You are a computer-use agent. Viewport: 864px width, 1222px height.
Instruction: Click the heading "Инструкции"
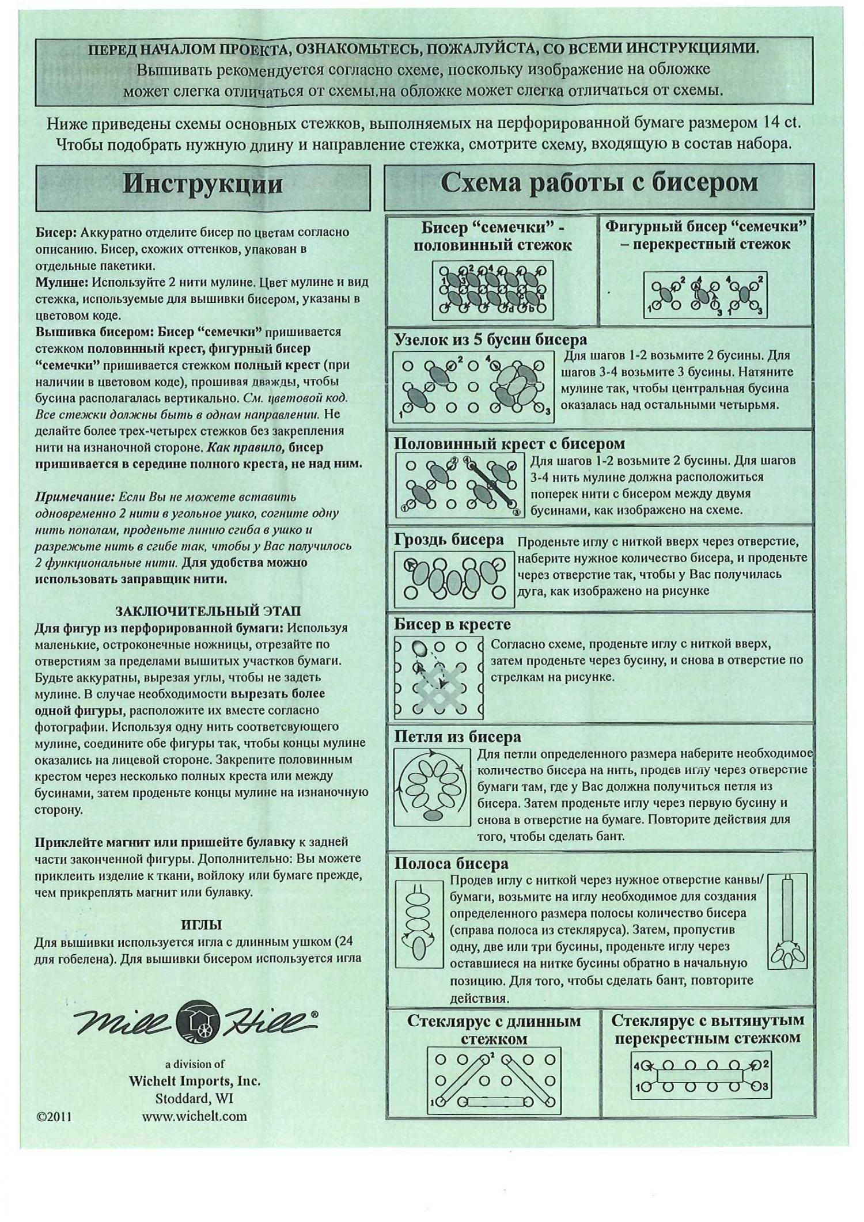(203, 184)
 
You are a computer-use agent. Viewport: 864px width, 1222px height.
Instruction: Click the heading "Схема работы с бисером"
(599, 183)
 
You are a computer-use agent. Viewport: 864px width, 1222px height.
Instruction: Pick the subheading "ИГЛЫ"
(202, 925)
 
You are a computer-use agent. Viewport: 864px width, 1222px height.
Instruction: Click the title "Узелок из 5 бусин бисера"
(490, 340)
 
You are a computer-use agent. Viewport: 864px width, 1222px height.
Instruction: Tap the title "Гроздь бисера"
(449, 540)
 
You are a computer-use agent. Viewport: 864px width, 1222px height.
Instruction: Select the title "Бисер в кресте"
(452, 625)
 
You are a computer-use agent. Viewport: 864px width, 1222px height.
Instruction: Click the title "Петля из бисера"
(457, 737)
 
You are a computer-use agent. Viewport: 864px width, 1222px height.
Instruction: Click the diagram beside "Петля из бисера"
(431, 788)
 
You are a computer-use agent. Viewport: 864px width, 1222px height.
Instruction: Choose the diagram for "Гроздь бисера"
(454, 579)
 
